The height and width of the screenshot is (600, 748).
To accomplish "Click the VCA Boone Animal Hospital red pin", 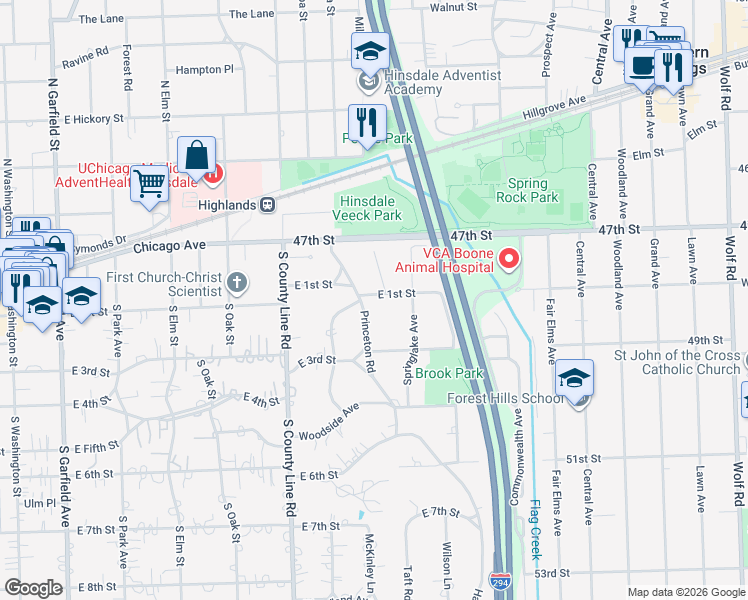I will tap(509, 260).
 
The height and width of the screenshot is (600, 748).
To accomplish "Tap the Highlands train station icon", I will tap(268, 204).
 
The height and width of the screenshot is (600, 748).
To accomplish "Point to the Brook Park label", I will tap(449, 374).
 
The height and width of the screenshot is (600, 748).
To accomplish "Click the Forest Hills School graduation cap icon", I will tap(576, 379).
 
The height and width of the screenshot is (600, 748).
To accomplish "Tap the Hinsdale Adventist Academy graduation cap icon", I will tap(369, 50).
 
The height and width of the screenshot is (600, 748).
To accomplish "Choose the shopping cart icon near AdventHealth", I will tap(149, 183).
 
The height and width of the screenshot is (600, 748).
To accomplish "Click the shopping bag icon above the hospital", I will tap(197, 155).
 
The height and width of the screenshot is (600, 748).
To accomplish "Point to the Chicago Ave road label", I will tap(168, 245).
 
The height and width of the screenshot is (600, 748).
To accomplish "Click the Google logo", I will tap(33, 588).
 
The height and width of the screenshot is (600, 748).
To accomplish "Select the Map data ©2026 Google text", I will tap(685, 592).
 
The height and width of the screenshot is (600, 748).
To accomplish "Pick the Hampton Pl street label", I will tap(203, 70).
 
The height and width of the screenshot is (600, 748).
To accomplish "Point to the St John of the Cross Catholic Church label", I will tap(677, 362).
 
